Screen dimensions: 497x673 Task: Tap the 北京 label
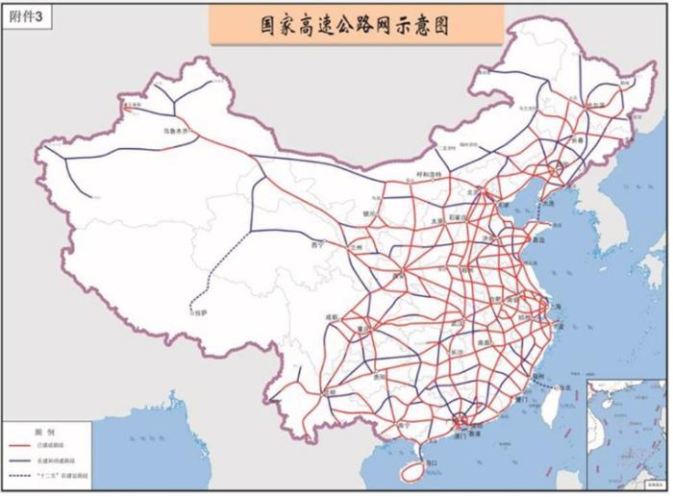pyautogui.click(x=472, y=191)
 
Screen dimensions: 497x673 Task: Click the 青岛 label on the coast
pyautogui.click(x=528, y=242)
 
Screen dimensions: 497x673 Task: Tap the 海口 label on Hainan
pyautogui.click(x=431, y=463)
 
